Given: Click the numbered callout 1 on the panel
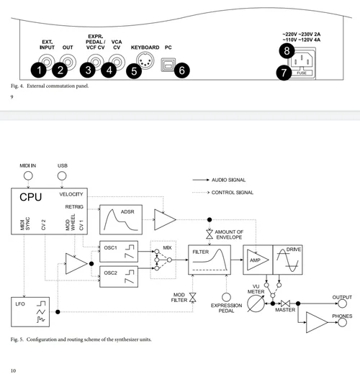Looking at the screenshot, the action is point(39,70).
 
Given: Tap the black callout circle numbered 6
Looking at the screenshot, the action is point(181,70).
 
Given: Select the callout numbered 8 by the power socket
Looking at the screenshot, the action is point(287,51).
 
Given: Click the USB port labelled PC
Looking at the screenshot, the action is point(168,65).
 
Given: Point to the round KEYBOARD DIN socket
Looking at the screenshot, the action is point(145,60).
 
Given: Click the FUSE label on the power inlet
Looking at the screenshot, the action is point(302,73).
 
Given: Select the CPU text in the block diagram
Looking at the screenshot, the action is point(31,197).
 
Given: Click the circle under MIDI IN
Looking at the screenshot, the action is point(28,175).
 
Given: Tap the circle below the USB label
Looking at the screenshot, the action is point(62,175).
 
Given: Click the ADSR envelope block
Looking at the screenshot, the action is point(121,219).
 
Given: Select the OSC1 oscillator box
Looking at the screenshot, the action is point(119,252).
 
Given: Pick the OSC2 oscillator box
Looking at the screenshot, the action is point(119,276).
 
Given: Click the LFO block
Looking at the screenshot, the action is point(30,312).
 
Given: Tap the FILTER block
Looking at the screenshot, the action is point(210,260).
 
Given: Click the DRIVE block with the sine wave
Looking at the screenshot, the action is point(288,260).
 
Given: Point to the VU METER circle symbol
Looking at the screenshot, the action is point(256,303).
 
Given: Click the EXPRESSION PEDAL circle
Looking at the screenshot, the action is point(226,297).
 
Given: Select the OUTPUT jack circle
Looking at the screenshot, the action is point(342,303).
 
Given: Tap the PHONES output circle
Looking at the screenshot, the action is point(342,323).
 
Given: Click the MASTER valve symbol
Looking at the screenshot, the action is point(285,303).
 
